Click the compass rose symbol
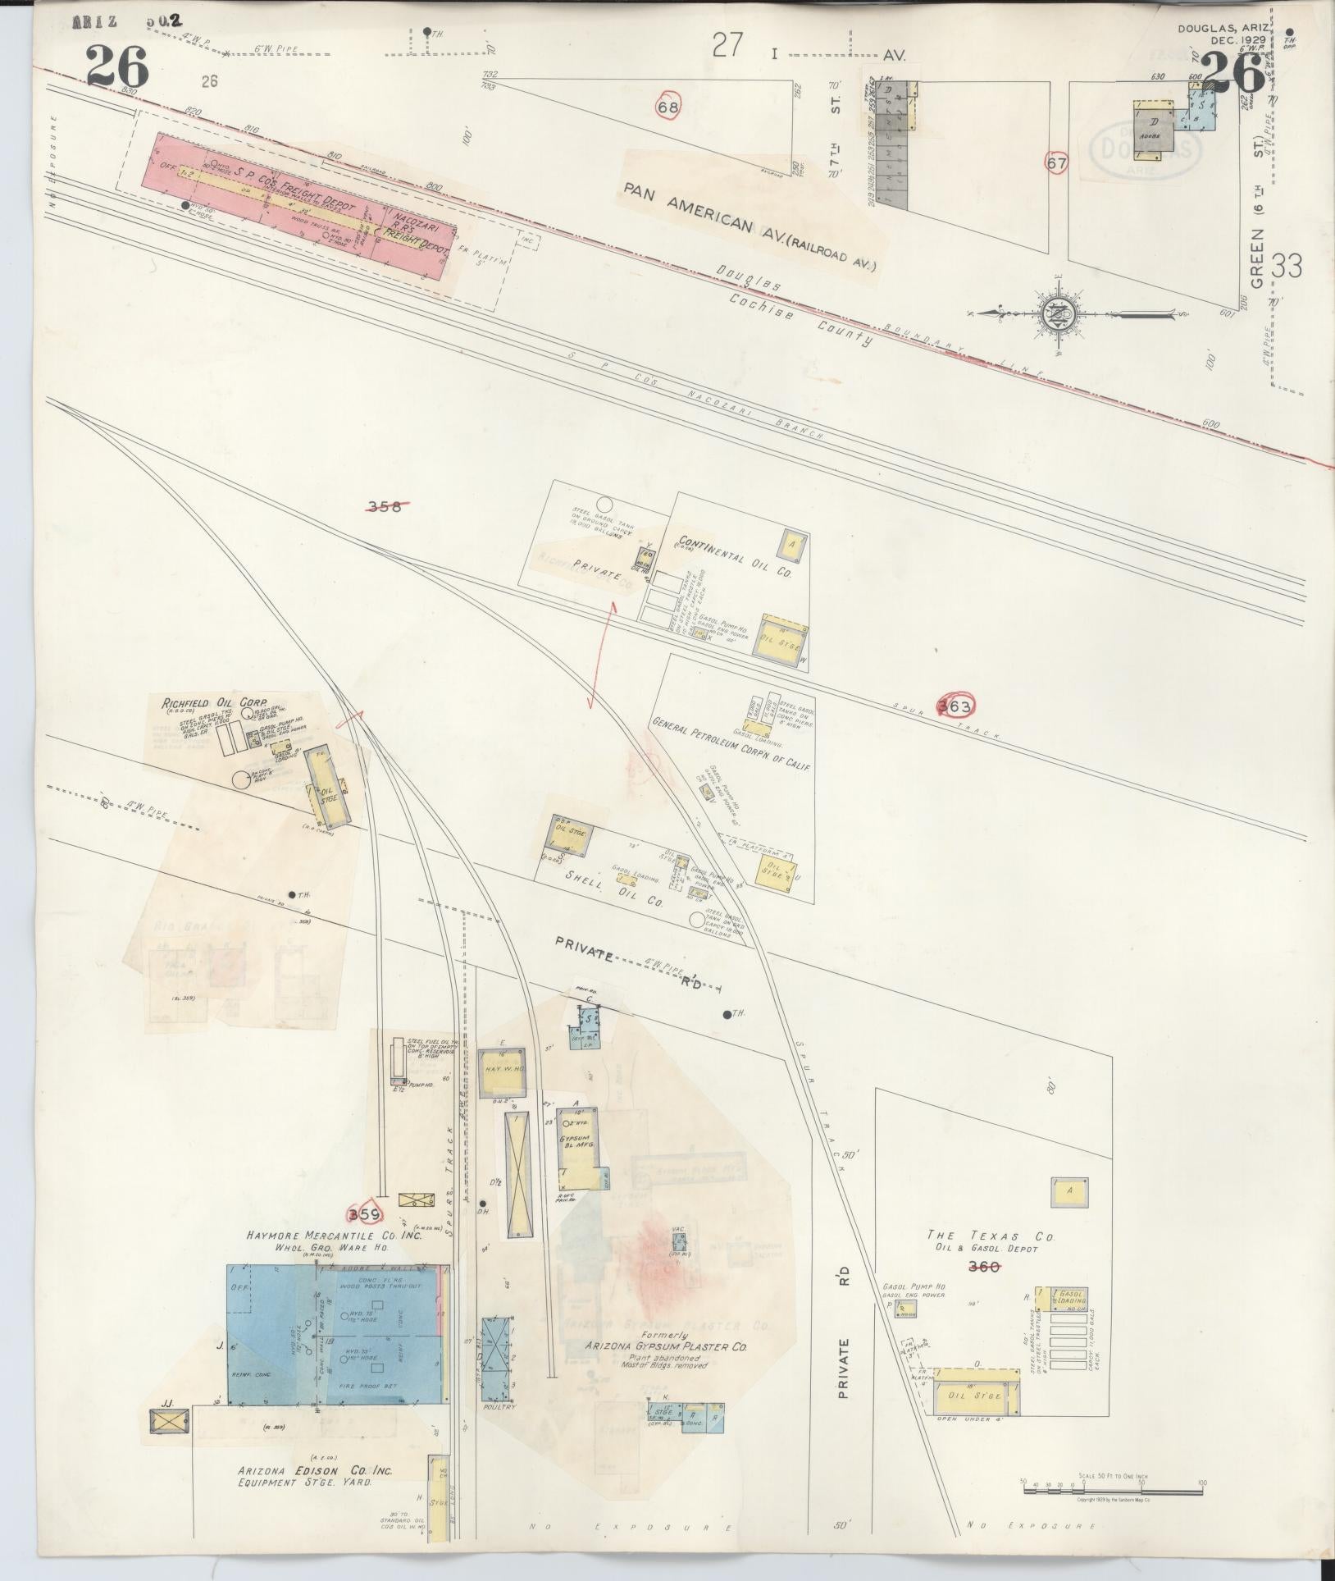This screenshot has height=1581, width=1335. (1057, 313)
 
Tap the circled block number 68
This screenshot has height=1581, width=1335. (668, 107)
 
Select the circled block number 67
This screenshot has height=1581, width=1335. (1057, 163)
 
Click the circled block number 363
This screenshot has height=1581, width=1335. (955, 706)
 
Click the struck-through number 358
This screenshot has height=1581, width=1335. (385, 506)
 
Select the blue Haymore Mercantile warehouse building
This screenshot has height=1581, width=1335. (336, 1337)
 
